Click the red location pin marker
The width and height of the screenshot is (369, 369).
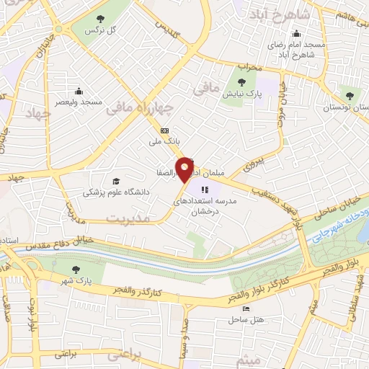[x=185, y=169]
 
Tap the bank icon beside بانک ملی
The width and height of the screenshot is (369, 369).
[x=165, y=131]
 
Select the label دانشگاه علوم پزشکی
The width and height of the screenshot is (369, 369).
[x=116, y=192]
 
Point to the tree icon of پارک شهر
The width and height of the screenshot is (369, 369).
[x=76, y=269]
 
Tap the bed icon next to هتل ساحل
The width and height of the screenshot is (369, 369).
[x=246, y=308]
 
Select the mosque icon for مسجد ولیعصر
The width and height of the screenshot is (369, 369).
[x=79, y=91]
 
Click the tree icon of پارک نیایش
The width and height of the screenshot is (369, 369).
[x=241, y=81]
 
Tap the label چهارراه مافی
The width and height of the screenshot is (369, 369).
[x=140, y=109]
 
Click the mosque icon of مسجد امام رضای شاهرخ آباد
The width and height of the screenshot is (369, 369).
[x=296, y=32]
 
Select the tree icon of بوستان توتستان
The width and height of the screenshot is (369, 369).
[x=350, y=95]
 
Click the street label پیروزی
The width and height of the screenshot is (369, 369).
[x=249, y=164]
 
